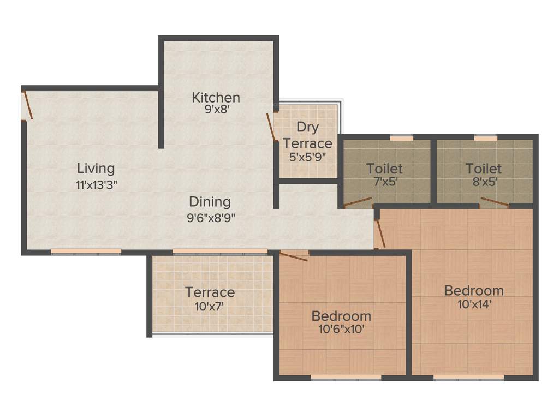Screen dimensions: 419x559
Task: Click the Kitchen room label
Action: click(x=216, y=98)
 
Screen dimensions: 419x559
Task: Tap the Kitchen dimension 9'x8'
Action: click(x=216, y=109)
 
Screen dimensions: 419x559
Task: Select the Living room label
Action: click(x=96, y=168)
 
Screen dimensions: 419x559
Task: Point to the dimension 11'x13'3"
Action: click(x=97, y=184)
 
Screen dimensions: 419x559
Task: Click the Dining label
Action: click(x=210, y=202)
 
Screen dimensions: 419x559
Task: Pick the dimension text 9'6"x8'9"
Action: click(x=210, y=218)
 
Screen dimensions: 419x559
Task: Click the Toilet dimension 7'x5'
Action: click(x=384, y=182)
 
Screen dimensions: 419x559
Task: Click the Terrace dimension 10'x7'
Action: click(x=210, y=307)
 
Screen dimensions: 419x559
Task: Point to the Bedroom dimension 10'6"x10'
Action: click(x=342, y=330)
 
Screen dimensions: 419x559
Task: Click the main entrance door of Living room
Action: click(x=27, y=105)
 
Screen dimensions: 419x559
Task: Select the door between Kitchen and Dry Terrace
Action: click(x=271, y=128)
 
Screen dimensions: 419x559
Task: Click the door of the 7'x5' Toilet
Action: click(x=358, y=202)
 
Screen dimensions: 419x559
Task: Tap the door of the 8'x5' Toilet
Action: click(x=495, y=202)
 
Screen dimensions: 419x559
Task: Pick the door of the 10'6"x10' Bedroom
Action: click(x=294, y=255)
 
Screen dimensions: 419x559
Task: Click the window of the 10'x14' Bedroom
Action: click(x=468, y=377)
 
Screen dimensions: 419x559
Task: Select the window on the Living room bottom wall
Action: click(x=86, y=252)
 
